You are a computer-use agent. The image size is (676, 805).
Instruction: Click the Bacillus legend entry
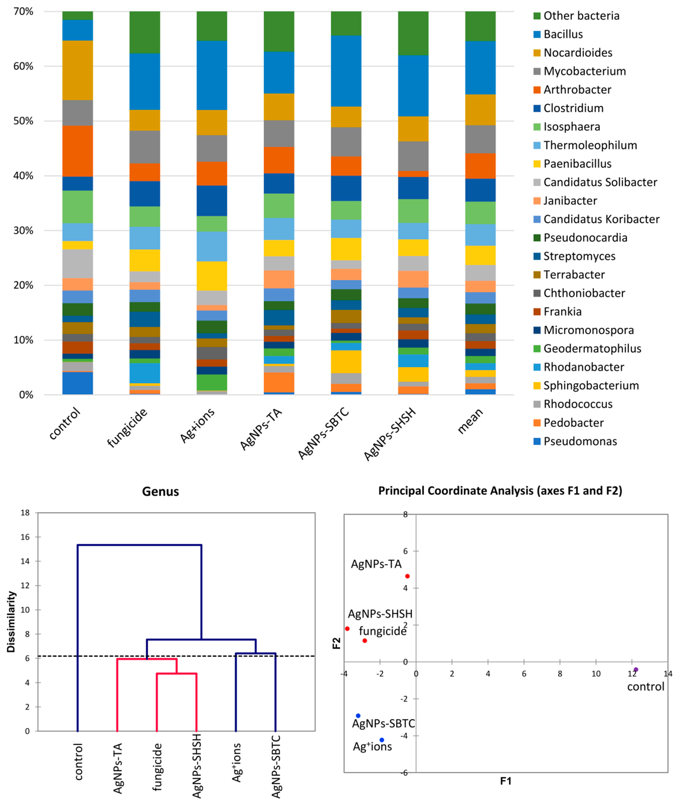[563, 34]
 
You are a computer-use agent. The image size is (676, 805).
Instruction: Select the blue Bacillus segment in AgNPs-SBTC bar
[346, 71]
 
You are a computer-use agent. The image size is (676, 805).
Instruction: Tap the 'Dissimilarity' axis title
[12, 622]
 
